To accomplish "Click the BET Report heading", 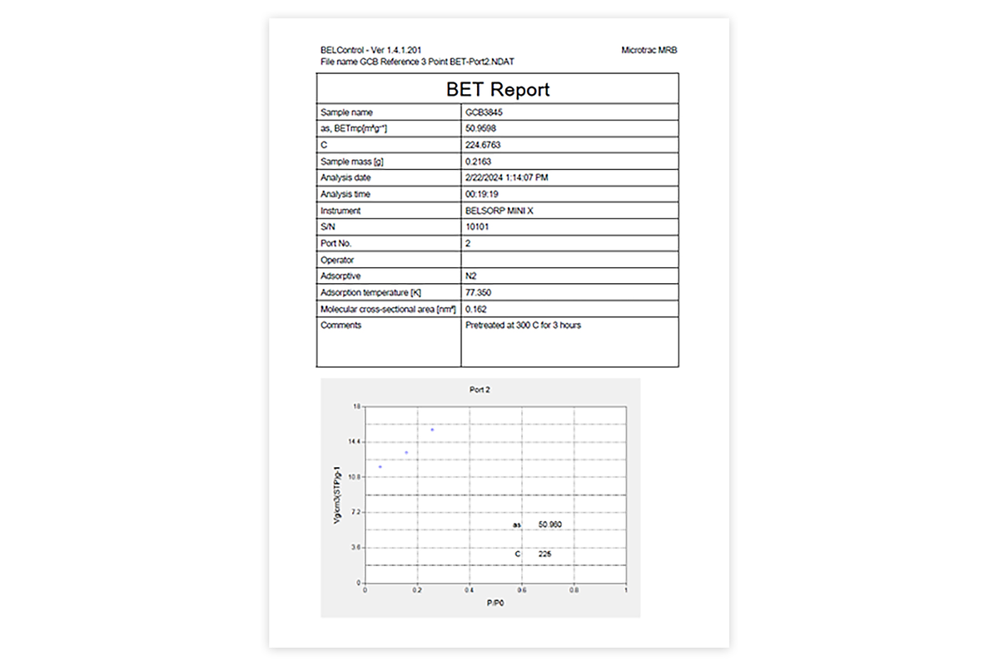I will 498,89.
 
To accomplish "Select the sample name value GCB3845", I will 484,112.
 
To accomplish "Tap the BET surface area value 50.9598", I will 482,128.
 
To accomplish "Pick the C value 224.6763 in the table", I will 484,145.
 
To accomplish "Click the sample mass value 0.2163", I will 479,162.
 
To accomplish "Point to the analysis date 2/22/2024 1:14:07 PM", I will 507,177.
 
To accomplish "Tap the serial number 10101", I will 477,226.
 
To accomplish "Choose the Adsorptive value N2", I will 470,276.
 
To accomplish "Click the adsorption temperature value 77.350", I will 479,292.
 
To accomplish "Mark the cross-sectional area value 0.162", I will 476,309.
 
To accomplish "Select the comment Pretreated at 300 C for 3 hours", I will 523,326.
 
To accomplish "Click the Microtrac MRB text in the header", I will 649,50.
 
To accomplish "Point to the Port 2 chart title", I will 480,390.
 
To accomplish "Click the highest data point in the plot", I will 432,430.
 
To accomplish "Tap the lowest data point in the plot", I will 380,467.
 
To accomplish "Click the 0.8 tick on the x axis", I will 574,590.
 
